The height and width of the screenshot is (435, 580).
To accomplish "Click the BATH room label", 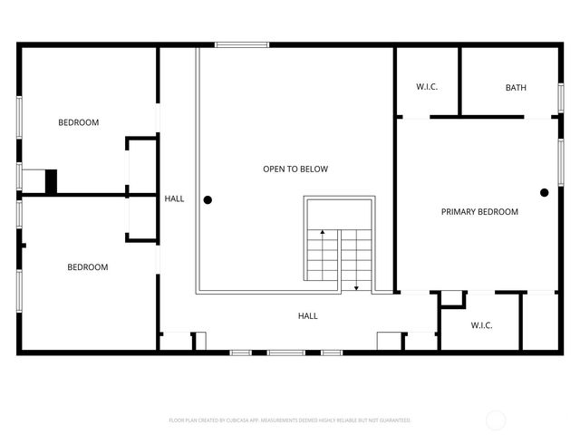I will pyautogui.click(x=516, y=88).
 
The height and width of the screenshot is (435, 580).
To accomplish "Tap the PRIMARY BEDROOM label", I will pyautogui.click(x=479, y=212).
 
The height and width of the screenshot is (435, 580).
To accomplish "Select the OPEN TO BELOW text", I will pyautogui.click(x=295, y=169).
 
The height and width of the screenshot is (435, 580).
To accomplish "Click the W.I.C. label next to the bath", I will pyautogui.click(x=427, y=87).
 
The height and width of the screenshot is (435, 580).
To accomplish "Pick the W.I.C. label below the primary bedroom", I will pyautogui.click(x=481, y=325).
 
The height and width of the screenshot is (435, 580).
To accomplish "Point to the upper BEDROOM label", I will pyautogui.click(x=79, y=122).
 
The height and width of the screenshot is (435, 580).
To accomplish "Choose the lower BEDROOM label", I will pyautogui.click(x=88, y=267).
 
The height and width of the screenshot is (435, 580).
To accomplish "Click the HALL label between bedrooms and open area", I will pyautogui.click(x=174, y=198).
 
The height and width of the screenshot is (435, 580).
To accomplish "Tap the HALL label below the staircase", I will pyautogui.click(x=308, y=316).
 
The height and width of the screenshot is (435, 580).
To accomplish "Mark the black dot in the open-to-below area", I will pyautogui.click(x=208, y=199).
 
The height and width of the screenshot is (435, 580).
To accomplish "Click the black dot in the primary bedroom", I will pyautogui.click(x=545, y=192).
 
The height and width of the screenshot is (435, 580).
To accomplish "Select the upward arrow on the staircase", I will pyautogui.click(x=322, y=235).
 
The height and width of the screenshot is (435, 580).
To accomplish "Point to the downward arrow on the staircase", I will pyautogui.click(x=356, y=286).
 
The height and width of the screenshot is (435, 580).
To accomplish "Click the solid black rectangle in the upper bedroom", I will pyautogui.click(x=51, y=181).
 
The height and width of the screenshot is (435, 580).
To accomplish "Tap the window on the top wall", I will pyautogui.click(x=234, y=43).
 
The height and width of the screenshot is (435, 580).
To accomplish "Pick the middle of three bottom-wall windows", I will pyautogui.click(x=282, y=352).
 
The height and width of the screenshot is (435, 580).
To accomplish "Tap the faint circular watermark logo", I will pyautogui.click(x=496, y=420).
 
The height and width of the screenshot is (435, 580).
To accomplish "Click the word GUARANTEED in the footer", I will pyautogui.click(x=394, y=420).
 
